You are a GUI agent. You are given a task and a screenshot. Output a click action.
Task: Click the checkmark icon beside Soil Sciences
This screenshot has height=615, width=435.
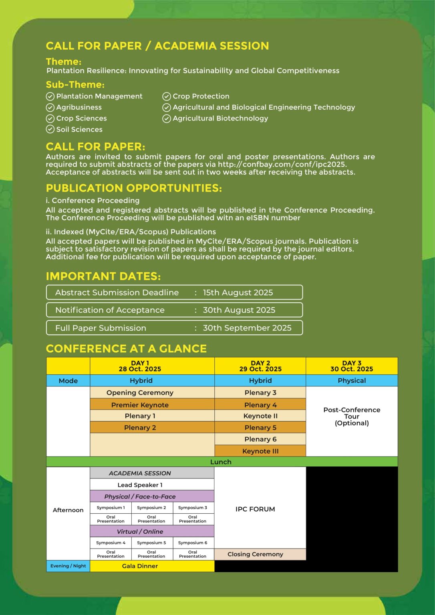coord(50,129)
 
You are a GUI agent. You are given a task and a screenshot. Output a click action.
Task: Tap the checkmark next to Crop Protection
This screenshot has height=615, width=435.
coord(167,96)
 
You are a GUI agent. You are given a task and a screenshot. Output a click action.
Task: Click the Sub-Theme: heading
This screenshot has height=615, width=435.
coord(75,84)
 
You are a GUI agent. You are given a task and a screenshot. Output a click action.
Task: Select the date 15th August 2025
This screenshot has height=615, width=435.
coord(238,293)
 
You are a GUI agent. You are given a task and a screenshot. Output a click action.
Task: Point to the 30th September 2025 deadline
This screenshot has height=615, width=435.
coord(247,328)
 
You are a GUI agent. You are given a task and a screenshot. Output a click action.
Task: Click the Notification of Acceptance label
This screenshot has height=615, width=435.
coord(110,310)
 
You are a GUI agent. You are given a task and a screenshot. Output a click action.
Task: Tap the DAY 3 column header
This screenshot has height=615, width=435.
coord(351,366)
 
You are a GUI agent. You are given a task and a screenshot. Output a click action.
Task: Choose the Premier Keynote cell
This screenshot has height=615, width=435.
coord(140,405)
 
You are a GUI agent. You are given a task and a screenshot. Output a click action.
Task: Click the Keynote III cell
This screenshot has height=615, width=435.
coord(260,451)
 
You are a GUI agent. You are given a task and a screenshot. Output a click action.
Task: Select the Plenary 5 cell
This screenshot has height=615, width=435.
coord(260,428)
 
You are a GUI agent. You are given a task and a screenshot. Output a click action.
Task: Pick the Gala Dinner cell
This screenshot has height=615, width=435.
coord(140,566)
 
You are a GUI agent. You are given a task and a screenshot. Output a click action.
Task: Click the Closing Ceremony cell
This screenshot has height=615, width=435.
coord(255,554)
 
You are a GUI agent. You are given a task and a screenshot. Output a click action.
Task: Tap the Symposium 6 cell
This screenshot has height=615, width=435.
coord(193,543)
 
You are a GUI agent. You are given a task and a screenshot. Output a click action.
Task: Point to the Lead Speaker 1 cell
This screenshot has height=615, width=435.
coord(140,485)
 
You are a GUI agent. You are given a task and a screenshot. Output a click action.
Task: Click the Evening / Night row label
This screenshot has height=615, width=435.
coord(68,566)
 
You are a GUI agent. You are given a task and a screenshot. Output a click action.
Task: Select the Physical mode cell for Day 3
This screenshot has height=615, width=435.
coord(352,380)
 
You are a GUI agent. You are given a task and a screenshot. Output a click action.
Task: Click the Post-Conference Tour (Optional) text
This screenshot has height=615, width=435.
coord(352,416)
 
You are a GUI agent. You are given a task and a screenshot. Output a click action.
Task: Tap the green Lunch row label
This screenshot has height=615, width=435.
coord(221,462)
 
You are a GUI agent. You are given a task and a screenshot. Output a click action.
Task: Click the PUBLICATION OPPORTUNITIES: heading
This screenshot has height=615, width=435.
coord(134,188)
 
